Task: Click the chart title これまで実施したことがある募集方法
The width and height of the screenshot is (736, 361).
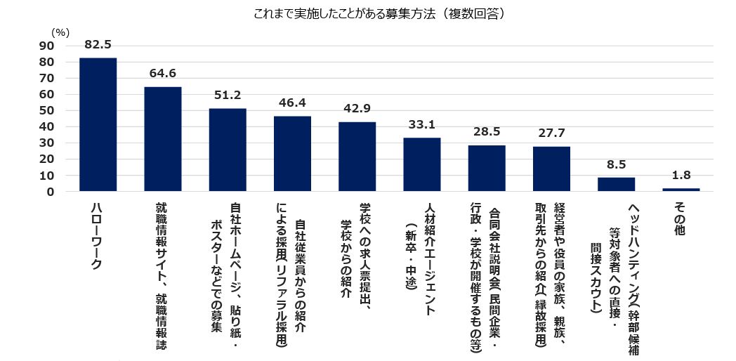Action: click(x=368, y=13)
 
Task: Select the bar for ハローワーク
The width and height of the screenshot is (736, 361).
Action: click(x=98, y=124)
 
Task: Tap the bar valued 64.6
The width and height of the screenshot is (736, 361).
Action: click(x=163, y=139)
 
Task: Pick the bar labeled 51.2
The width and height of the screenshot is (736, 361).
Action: click(x=228, y=150)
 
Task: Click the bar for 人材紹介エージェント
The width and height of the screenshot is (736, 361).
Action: click(x=422, y=164)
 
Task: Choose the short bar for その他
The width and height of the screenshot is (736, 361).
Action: click(x=681, y=190)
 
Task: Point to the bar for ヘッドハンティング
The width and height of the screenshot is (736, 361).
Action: click(x=616, y=184)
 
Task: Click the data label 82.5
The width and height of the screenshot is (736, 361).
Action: click(x=98, y=45)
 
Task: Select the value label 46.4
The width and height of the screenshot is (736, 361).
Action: click(x=292, y=103)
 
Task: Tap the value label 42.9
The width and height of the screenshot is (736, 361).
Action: click(x=357, y=109)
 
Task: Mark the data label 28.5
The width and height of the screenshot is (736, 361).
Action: click(x=487, y=132)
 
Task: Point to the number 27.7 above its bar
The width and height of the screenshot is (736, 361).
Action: click(x=551, y=133)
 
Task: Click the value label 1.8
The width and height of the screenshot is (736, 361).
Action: click(x=681, y=176)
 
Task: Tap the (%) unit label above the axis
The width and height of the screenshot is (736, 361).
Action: click(x=60, y=32)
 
